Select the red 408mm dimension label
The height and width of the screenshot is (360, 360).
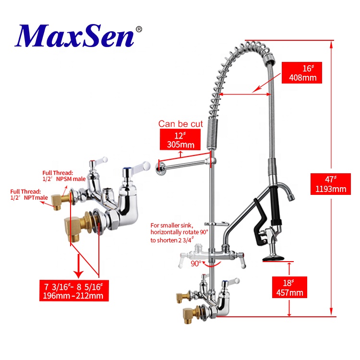pos(301,72)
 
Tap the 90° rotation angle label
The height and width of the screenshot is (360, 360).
pos(196,263)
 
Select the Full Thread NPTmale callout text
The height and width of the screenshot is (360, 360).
pos(29,194)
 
